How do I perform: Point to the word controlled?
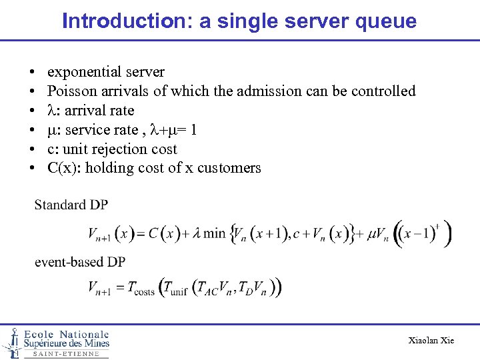coord(380,91)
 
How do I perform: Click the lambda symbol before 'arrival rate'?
coord(51,111)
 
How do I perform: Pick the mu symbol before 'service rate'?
coord(51,130)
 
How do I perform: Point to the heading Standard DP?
coord(71,205)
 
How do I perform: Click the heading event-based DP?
coord(80,262)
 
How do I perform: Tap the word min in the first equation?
coord(215,233)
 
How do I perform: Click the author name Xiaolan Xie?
coord(431,341)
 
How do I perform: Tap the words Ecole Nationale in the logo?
coord(66,334)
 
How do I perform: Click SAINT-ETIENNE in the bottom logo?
coord(66,354)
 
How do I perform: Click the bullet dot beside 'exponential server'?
coord(32,72)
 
